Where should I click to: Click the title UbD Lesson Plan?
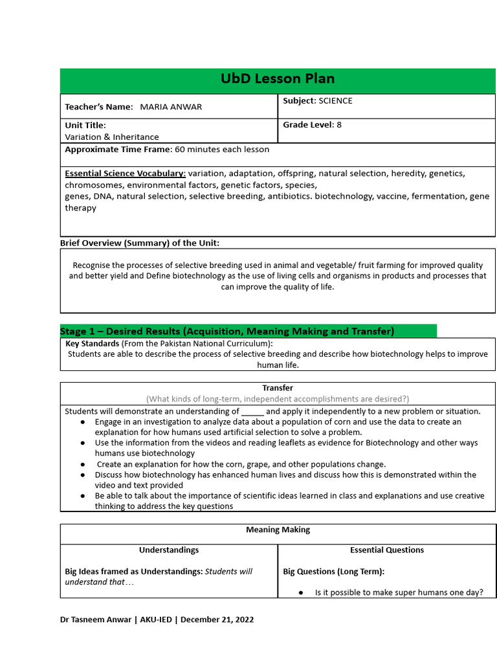point(278,79)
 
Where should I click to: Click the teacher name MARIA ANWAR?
point(171,107)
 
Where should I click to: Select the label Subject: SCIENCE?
point(318,101)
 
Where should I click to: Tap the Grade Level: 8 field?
point(312,125)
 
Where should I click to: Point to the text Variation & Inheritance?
point(111,137)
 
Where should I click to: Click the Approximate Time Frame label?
point(118,150)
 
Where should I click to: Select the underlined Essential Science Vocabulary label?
point(126,174)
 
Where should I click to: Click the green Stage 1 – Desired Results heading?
point(227,331)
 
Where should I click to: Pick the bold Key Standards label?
point(93,344)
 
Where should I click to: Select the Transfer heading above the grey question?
point(277,388)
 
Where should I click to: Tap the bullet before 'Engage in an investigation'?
point(83,422)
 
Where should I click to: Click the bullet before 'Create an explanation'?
point(83,464)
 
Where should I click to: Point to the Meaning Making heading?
point(278,530)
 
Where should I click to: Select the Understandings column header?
point(169,550)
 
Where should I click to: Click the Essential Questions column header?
point(386,550)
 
